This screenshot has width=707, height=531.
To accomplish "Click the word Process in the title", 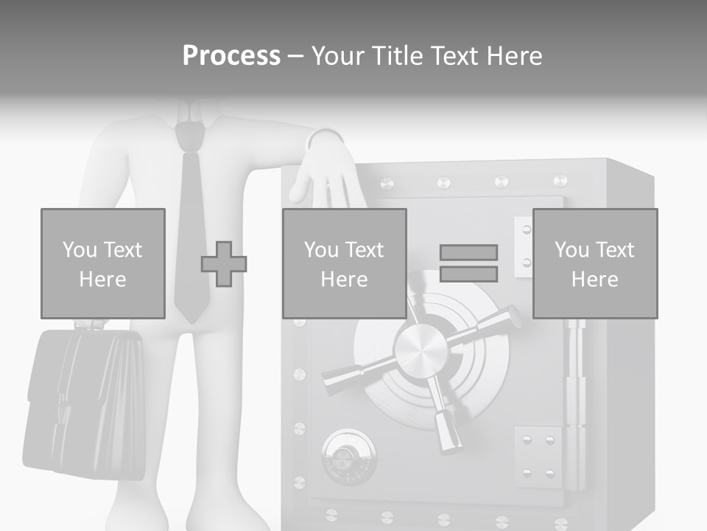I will click(x=231, y=56).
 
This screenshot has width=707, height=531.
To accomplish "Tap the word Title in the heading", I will click(x=398, y=56).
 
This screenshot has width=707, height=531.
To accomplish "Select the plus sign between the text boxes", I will click(x=224, y=264).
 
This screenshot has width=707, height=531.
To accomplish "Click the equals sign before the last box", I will click(x=468, y=263).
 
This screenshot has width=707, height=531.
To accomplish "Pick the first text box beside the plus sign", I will click(x=102, y=263).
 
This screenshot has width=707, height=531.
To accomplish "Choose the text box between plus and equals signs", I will click(x=344, y=263).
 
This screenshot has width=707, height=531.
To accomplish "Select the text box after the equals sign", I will click(x=594, y=263).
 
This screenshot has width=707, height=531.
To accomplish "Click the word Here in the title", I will click(x=513, y=56).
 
